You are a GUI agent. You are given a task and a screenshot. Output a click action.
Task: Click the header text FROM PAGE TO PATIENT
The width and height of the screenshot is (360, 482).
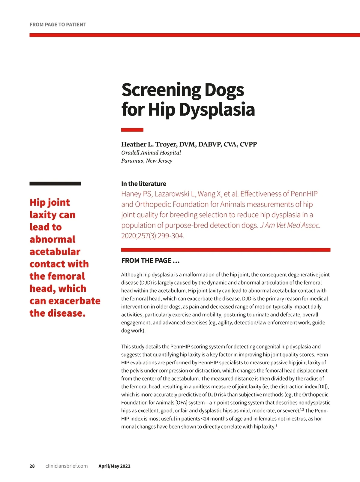(x=58, y=25)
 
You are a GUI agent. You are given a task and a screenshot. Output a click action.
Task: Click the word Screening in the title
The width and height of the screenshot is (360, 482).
(x=161, y=90)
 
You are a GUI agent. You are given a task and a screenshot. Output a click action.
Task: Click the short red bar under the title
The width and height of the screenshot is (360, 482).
(x=132, y=130)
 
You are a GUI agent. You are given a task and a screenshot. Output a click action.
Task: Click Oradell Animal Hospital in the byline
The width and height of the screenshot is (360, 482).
(x=151, y=152)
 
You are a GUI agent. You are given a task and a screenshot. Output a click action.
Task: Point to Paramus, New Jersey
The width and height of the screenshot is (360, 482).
(x=147, y=161)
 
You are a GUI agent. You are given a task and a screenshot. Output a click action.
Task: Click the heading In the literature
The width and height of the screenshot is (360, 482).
(x=143, y=184)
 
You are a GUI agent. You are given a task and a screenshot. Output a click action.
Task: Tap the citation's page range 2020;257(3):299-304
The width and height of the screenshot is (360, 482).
(x=153, y=236)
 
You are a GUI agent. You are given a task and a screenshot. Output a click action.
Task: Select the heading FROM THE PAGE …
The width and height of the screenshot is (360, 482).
(x=150, y=261)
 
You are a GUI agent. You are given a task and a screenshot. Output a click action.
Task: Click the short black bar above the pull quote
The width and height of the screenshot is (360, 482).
(x=55, y=184)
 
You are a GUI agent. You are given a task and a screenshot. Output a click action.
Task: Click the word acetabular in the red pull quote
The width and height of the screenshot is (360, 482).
(x=55, y=252)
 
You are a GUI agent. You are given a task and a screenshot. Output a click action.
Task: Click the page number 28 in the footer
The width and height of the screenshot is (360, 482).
(x=32, y=466)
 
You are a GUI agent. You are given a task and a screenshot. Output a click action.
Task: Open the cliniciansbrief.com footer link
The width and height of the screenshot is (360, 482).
(x=67, y=466)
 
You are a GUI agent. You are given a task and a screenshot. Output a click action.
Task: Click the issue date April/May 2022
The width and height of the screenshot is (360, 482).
(x=114, y=466)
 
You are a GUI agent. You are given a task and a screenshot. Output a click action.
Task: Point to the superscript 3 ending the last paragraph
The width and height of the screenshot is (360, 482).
(x=276, y=425)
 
